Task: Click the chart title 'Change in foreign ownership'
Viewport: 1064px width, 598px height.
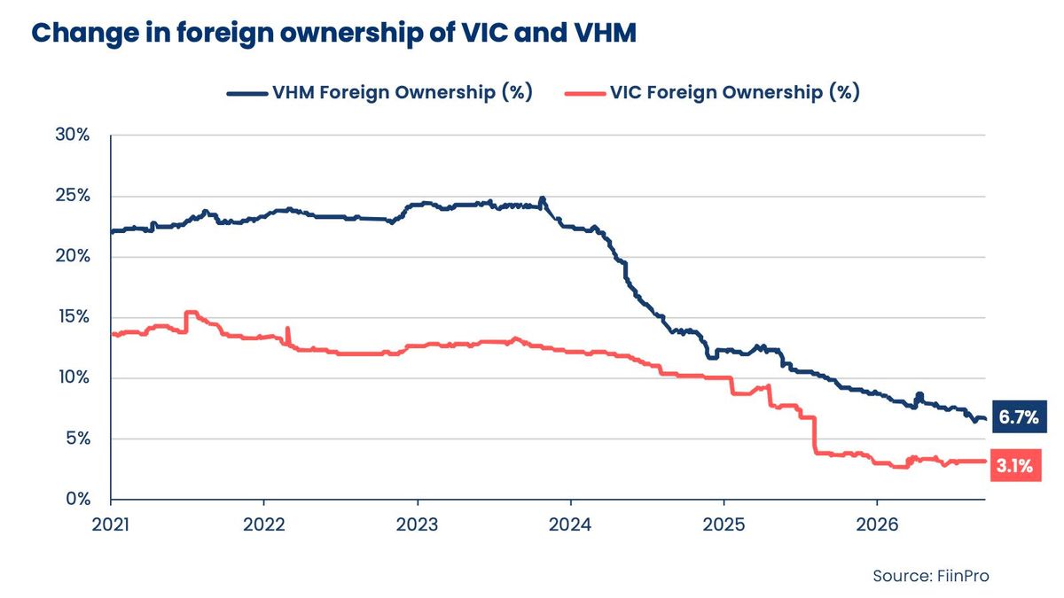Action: pos(333,34)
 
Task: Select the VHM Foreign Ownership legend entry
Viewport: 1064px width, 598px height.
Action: pos(379,92)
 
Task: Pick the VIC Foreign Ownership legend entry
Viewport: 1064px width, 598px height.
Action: pos(712,92)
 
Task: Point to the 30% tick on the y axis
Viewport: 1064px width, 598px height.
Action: pos(72,135)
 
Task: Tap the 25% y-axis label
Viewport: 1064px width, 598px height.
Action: pos(72,196)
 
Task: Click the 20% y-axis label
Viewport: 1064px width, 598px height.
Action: pos(72,256)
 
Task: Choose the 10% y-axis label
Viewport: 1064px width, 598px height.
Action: pos(74,377)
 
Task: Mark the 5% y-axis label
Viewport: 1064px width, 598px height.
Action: pos(78,439)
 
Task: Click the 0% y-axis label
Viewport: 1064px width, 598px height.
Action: pos(78,500)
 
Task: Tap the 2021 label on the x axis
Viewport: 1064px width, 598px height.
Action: pos(110,524)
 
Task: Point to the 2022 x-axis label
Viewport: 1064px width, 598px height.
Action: pos(264,524)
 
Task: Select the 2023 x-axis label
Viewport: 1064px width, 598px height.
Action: pos(418,524)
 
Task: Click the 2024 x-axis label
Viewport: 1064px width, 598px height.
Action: pos(570,524)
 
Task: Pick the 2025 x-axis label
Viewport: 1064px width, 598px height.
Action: pos(724,524)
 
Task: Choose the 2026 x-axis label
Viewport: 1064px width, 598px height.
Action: pos(877,524)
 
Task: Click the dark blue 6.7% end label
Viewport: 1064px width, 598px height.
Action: pos(1019,417)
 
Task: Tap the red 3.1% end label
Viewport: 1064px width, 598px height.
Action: pos(1015,466)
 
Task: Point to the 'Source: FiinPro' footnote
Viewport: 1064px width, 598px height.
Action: pos(930,576)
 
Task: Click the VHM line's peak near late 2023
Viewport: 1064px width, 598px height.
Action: pos(543,198)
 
